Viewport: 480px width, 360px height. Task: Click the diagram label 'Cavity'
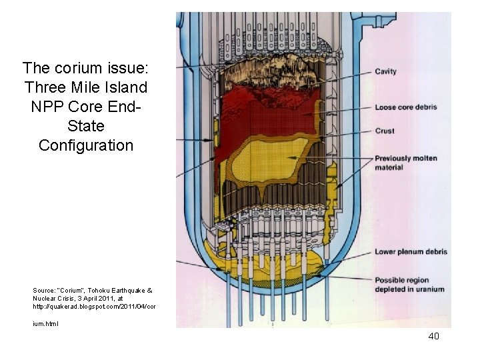click(x=385, y=71)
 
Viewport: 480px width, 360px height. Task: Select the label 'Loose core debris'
click(x=406, y=107)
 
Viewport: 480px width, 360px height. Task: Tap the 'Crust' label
click(x=385, y=131)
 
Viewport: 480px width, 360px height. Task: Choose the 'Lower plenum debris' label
click(x=411, y=251)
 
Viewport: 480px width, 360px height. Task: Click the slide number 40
click(x=433, y=337)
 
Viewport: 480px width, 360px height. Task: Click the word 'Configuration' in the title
click(x=86, y=145)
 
